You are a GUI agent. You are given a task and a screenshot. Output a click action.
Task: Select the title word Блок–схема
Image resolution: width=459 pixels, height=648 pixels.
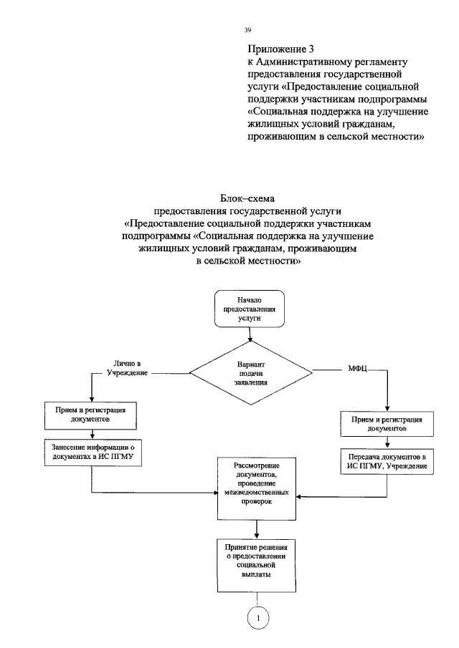[x=247, y=198]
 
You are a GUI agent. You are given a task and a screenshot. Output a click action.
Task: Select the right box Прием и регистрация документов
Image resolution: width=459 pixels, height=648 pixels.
[x=387, y=423]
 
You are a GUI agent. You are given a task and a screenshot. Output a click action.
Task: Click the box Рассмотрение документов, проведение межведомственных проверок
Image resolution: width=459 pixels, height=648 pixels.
[x=256, y=488]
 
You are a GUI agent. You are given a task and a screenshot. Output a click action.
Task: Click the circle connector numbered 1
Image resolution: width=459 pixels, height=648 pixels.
[x=258, y=616]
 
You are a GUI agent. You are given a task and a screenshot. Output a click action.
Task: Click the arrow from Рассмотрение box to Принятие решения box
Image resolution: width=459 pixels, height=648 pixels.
[x=257, y=529]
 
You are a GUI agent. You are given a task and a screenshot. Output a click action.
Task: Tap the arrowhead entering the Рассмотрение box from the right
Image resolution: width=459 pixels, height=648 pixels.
[x=301, y=496]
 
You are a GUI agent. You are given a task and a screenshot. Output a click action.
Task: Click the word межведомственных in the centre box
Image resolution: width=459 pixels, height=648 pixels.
[x=256, y=493]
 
